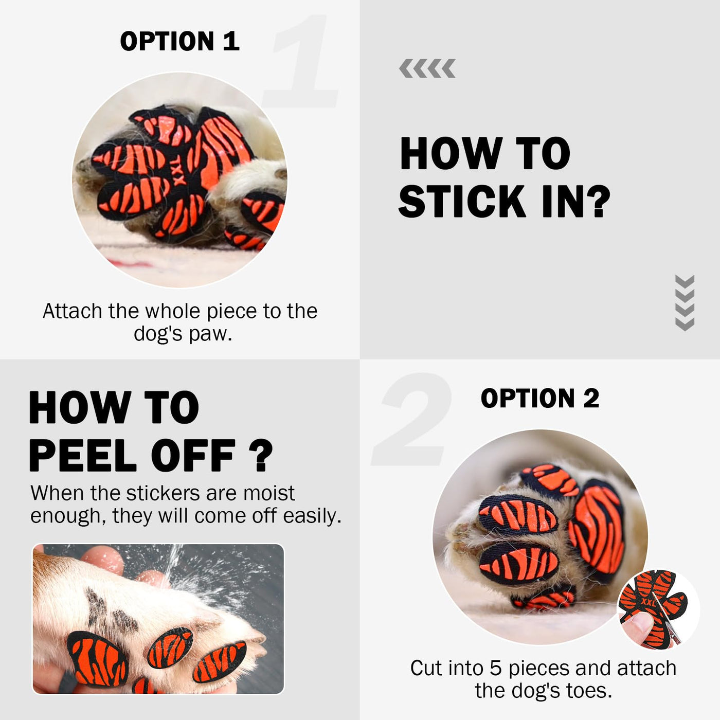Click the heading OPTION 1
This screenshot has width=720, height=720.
(x=179, y=41)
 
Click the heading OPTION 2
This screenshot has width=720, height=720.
(x=540, y=398)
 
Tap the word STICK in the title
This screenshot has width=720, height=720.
(x=462, y=202)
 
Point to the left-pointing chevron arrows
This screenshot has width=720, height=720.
(x=427, y=68)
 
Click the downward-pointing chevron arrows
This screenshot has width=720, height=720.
(x=685, y=302)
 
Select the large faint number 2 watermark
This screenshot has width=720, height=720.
(x=411, y=419)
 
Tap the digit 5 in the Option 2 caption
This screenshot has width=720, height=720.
(x=495, y=669)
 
